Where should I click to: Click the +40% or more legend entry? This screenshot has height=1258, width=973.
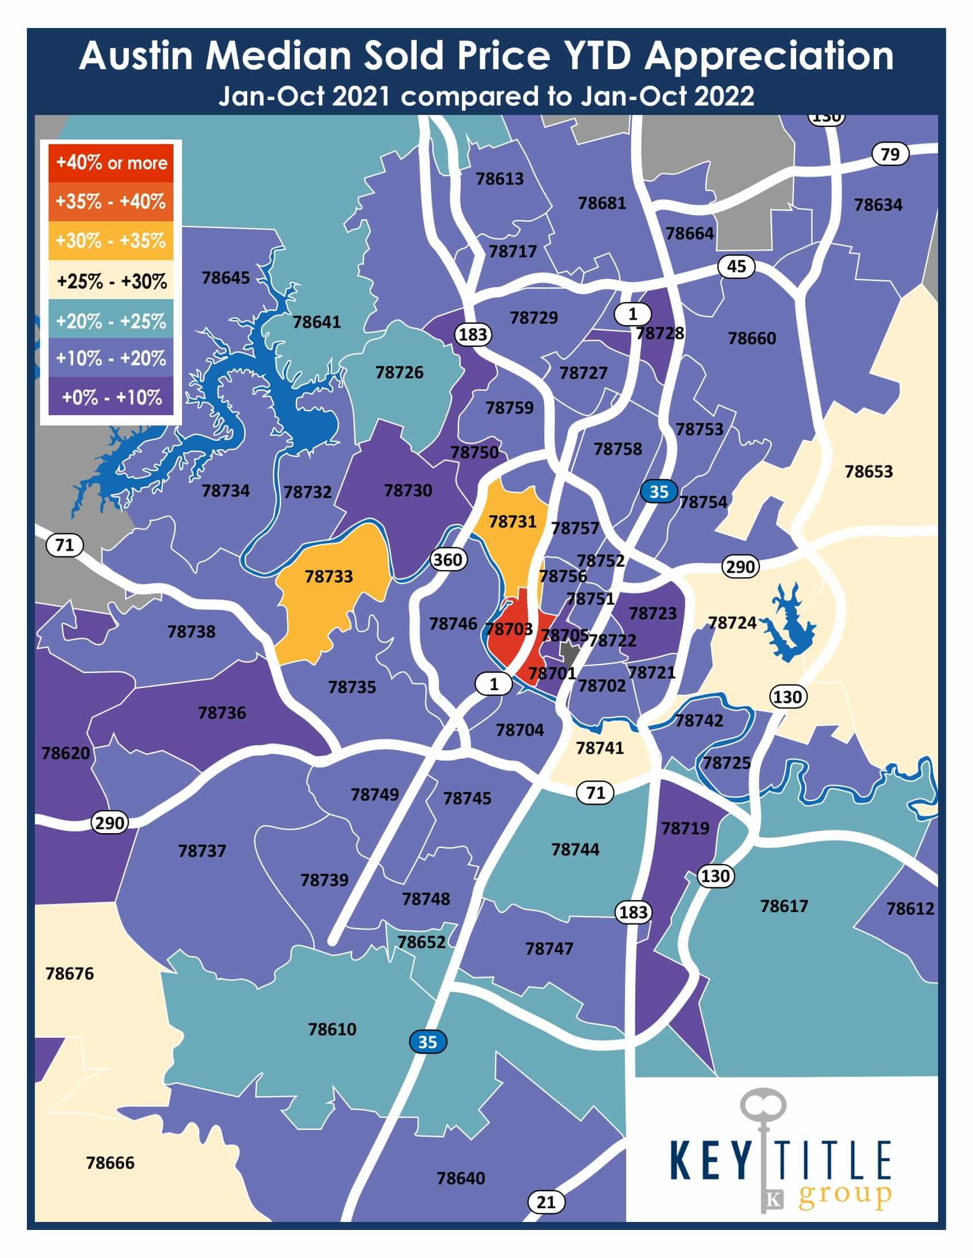click(x=111, y=163)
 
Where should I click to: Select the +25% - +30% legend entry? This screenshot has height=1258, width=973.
click(x=111, y=281)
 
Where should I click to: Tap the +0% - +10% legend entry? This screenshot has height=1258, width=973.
click(x=111, y=397)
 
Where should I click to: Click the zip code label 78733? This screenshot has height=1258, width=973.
click(x=329, y=576)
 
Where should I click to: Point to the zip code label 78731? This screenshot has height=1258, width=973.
click(x=512, y=521)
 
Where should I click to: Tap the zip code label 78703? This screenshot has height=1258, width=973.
click(x=508, y=628)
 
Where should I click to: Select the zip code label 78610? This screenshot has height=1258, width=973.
click(x=332, y=1029)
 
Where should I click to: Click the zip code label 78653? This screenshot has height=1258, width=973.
click(x=868, y=471)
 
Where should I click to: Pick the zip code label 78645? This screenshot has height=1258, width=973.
click(x=226, y=278)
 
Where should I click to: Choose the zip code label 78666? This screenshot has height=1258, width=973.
click(x=110, y=1163)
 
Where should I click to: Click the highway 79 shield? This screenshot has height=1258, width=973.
click(x=890, y=154)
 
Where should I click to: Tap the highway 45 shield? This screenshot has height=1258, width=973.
click(x=736, y=266)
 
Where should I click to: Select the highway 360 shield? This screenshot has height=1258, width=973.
click(x=448, y=559)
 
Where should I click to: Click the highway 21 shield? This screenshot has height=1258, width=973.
click(x=546, y=1201)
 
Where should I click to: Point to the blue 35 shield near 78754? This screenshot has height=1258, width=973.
click(x=658, y=491)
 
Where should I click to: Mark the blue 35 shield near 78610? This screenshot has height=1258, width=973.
click(x=427, y=1042)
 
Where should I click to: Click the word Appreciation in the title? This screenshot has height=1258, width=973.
click(x=768, y=57)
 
